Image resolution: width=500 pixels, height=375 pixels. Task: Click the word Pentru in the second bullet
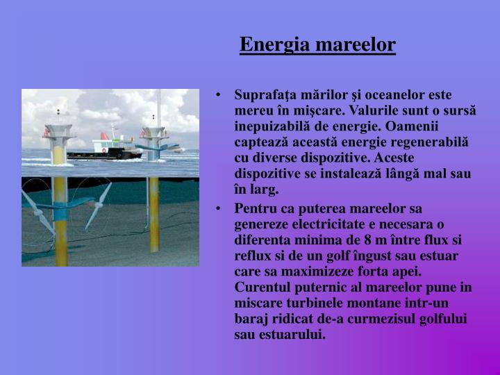coord(254,209)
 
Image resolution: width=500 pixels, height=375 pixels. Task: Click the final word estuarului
coord(291,335)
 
